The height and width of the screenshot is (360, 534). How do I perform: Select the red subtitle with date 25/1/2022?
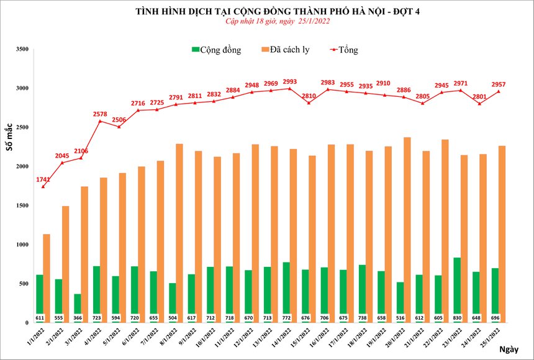coord(277,21)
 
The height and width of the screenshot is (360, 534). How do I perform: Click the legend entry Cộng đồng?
coord(215,50)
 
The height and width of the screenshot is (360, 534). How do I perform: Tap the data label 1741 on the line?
coord(44,179)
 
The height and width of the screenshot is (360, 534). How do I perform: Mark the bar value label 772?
coord(286,318)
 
